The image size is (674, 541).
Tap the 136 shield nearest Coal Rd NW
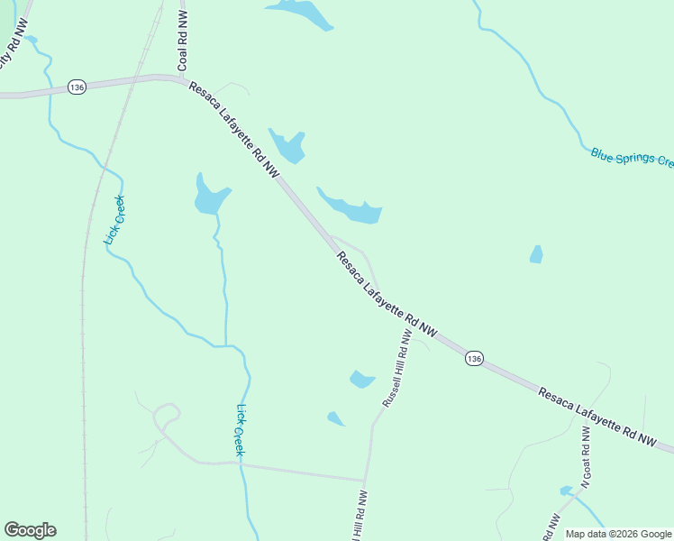click(77, 87)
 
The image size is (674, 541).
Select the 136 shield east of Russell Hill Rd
click(475, 359)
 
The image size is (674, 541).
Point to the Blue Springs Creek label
click(632, 158)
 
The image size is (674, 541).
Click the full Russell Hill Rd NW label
click(396, 368)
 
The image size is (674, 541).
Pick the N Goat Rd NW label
click(586, 456)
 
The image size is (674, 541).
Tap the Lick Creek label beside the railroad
click(114, 220)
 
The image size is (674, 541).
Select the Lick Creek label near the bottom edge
click(240, 428)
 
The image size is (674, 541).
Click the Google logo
click(30, 530)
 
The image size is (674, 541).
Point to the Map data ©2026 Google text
click(618, 534)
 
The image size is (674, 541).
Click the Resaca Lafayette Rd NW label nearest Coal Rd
click(233, 128)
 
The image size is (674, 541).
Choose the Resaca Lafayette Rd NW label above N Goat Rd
click(598, 417)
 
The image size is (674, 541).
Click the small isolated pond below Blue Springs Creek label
click(537, 254)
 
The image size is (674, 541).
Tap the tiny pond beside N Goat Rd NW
click(566, 491)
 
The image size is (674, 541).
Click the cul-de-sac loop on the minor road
click(166, 417)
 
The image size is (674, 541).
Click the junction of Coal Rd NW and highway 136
click(181, 78)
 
